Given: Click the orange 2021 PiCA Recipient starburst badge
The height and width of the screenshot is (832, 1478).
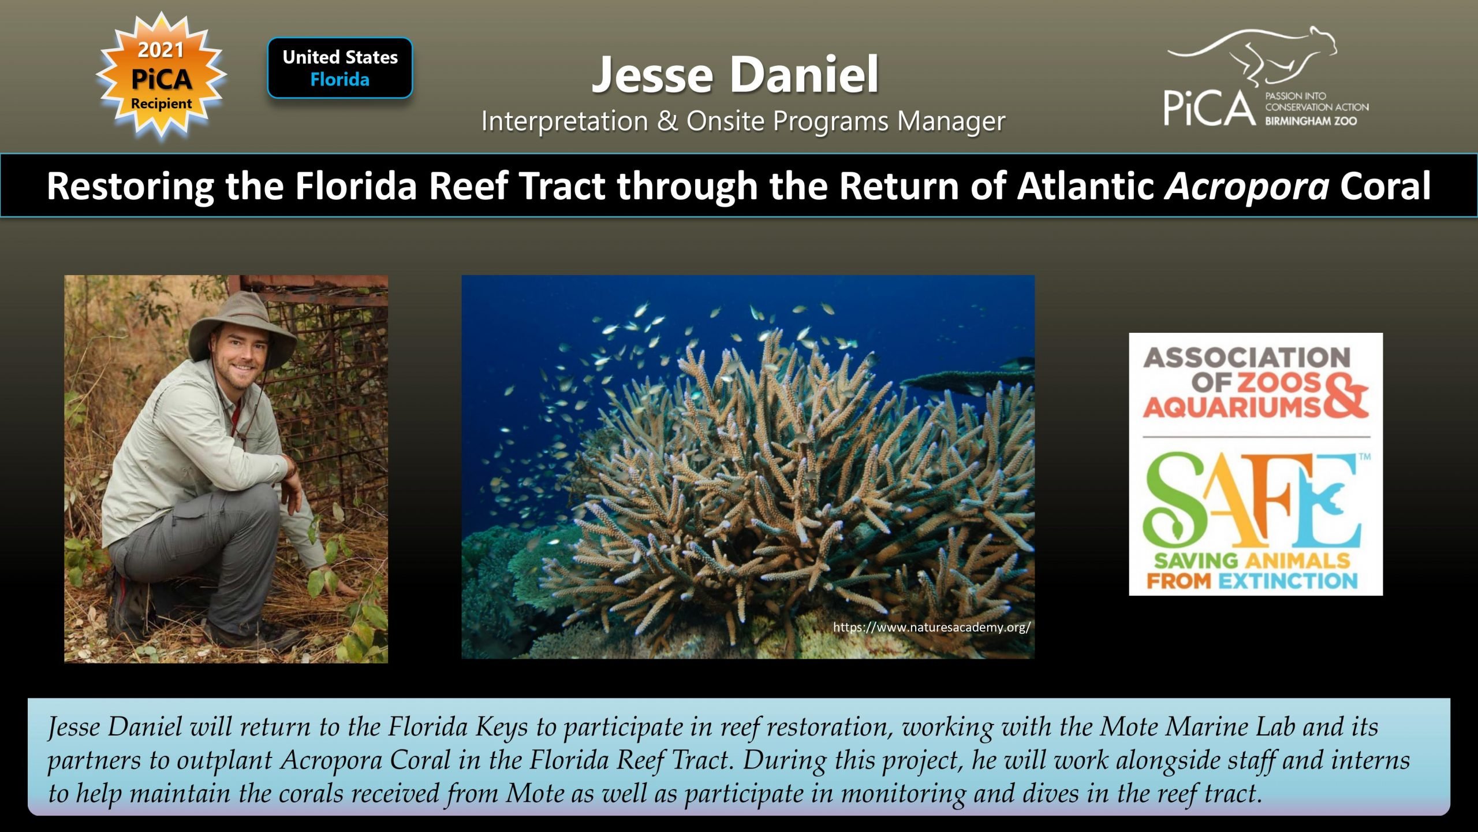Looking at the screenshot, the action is click(x=162, y=76).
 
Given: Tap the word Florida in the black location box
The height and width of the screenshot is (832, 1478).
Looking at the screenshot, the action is click(x=339, y=79).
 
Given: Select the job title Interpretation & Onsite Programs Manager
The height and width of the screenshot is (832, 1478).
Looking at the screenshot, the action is click(x=743, y=121).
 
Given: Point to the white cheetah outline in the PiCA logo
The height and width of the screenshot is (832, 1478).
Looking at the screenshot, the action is click(x=1253, y=58).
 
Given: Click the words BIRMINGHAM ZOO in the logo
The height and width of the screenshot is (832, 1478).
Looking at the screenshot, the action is click(x=1311, y=121).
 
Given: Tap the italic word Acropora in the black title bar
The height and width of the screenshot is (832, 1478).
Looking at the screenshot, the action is click(x=1247, y=186).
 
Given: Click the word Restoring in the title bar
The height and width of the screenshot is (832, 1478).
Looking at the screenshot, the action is click(x=130, y=186).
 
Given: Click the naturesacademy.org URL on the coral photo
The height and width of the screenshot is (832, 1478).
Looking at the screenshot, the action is click(x=931, y=627).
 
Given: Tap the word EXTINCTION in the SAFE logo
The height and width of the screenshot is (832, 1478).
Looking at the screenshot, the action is click(x=1288, y=580).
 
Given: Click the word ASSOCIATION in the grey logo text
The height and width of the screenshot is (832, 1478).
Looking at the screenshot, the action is click(x=1246, y=358).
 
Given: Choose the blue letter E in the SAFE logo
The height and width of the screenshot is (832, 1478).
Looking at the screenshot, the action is click(x=1328, y=500).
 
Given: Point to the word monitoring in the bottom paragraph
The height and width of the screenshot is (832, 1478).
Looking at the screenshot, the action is click(x=903, y=793).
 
